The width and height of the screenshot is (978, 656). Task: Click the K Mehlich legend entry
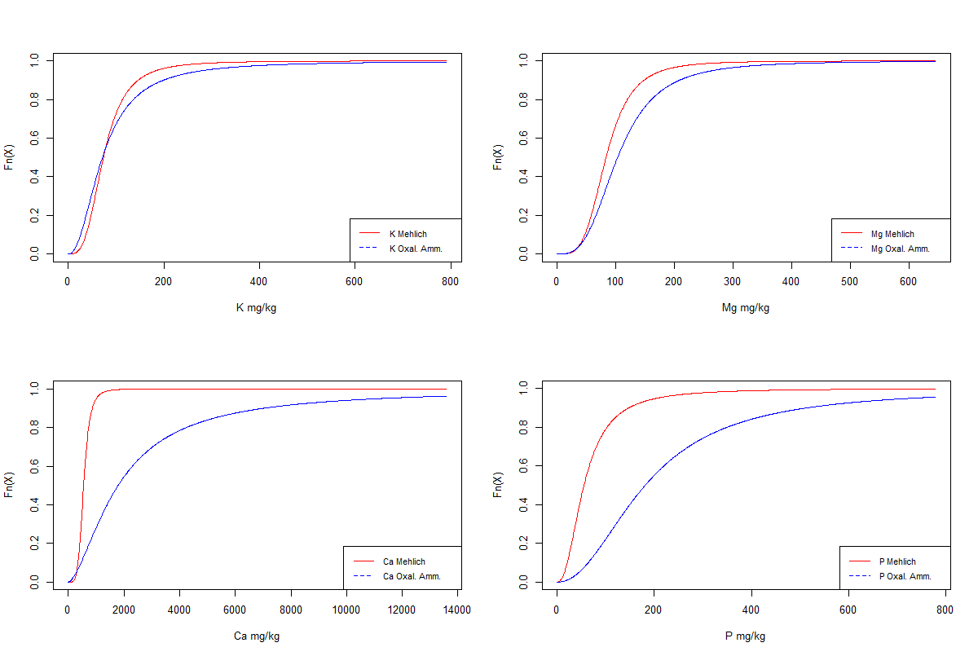point(407,234)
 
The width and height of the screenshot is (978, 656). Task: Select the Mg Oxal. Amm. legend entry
point(900,249)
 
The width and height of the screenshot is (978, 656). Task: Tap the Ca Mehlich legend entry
point(403,561)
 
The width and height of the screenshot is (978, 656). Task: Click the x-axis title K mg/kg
point(256,308)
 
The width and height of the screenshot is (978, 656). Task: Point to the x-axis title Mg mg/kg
point(745,308)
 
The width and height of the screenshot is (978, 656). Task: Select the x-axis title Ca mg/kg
point(256,636)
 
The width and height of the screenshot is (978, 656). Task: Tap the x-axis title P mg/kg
point(745,636)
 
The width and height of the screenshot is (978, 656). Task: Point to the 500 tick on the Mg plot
point(850,280)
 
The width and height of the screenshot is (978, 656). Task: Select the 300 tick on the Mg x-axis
point(733,280)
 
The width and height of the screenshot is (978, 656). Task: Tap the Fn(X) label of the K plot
point(9,156)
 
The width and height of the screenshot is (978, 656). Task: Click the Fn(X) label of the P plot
point(498,484)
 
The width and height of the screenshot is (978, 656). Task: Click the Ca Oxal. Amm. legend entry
point(412,576)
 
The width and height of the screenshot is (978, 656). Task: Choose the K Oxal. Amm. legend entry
point(416,249)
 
